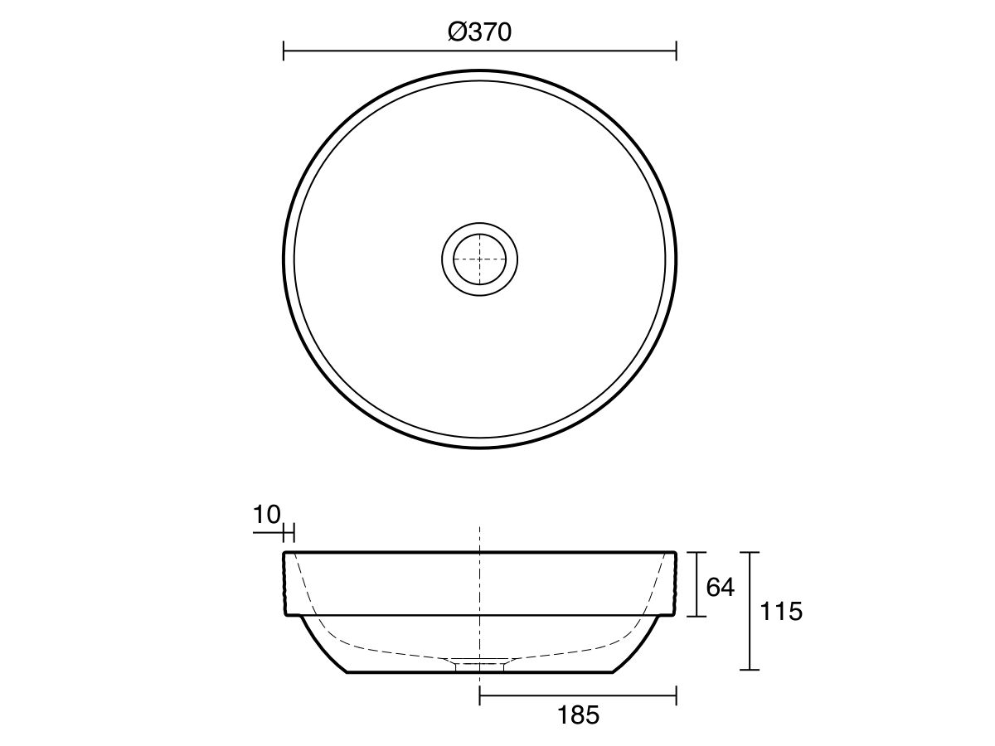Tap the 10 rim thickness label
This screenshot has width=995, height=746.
click(267, 515)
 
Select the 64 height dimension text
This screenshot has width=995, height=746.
click(720, 587)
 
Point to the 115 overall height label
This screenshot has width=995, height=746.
click(781, 613)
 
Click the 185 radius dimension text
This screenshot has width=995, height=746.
click(578, 715)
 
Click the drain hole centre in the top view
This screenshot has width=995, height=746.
click(480, 259)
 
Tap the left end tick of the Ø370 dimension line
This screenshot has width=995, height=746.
click(284, 51)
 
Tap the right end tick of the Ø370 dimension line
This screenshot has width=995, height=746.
click(677, 51)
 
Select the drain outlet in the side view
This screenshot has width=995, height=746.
click(480, 663)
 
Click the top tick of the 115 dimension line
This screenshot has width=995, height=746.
click(750, 552)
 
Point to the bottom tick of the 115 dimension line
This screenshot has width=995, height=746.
click(750, 669)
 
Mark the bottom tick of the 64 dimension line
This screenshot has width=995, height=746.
click(696, 616)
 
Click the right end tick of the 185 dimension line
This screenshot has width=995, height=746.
click(677, 695)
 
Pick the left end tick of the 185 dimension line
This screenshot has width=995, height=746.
click(480, 695)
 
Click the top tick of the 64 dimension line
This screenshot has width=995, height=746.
click(696, 552)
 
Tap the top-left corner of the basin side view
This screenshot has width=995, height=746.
click(285, 552)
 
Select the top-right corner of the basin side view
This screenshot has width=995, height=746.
click(676, 552)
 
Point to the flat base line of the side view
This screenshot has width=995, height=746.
click(398, 672)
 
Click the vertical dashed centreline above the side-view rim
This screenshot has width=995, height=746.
click(480, 537)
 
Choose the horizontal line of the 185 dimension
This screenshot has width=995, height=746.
click(578, 695)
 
